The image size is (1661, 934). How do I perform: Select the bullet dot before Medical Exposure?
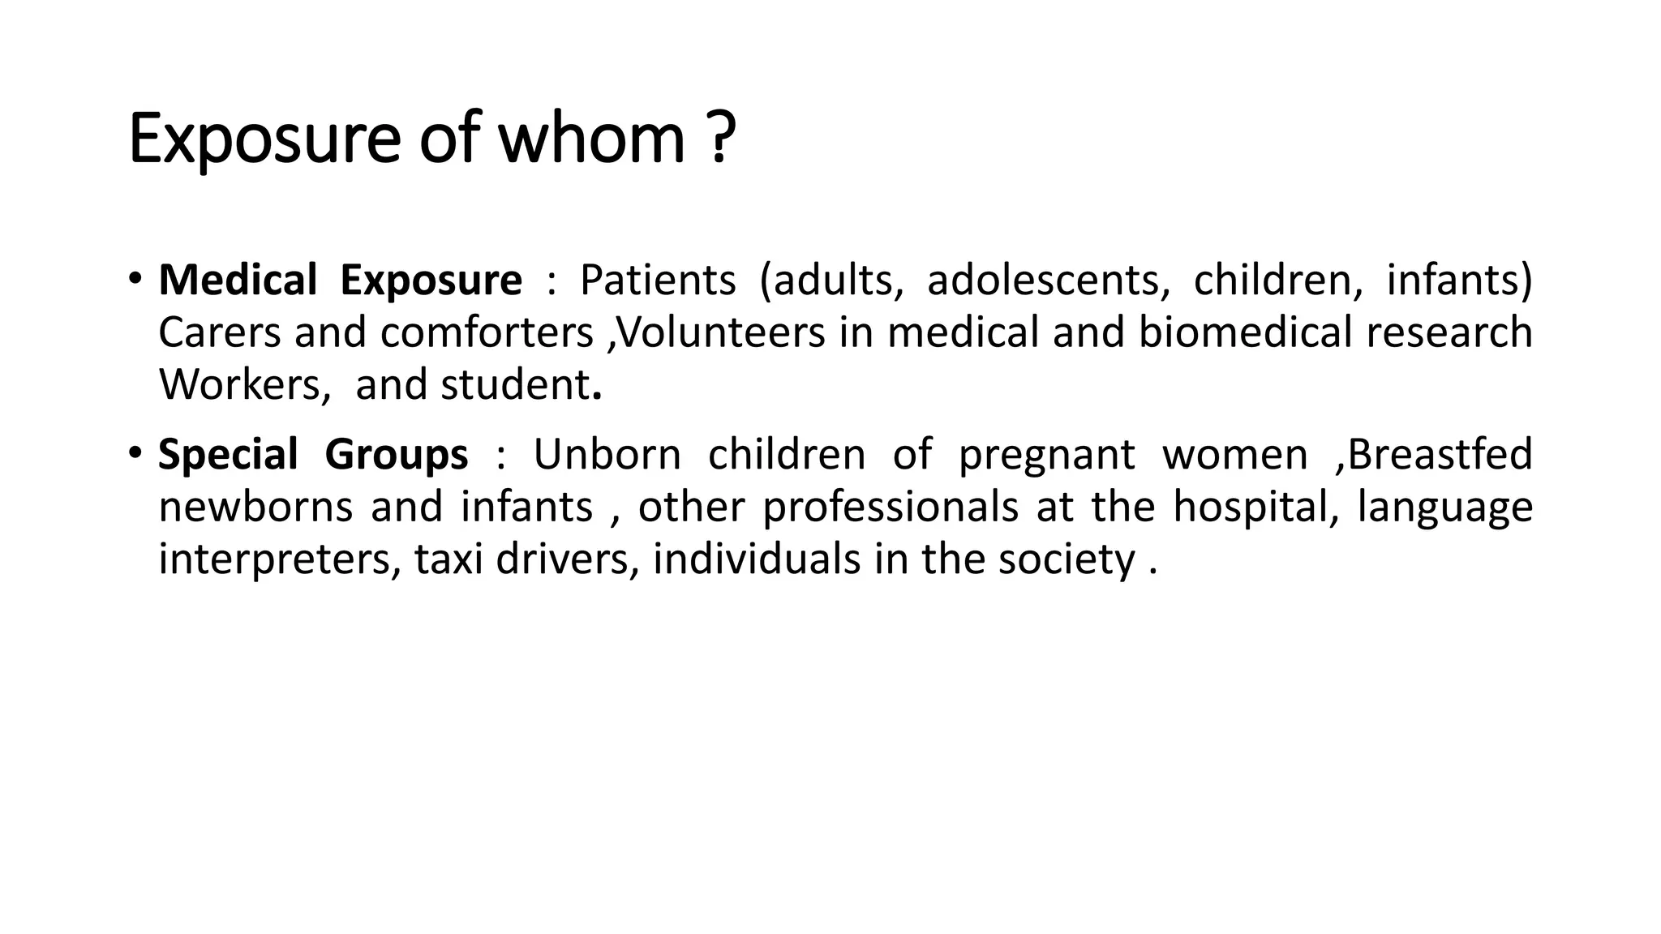[135, 279]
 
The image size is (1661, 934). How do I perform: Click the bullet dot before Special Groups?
[135, 452]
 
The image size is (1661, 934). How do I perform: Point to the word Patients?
[658, 281]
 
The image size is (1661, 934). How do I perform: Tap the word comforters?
[487, 332]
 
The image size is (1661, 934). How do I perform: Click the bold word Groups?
[396, 454]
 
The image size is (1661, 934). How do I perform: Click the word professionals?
[890, 508]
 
